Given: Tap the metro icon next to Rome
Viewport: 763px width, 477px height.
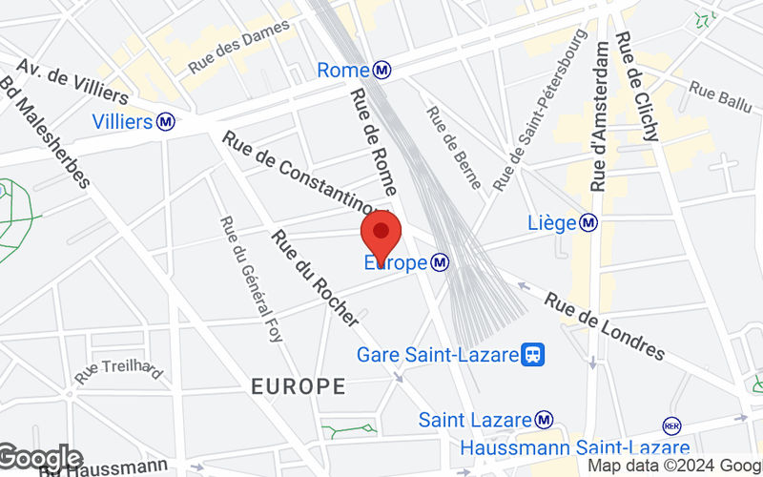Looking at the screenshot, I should [382, 70].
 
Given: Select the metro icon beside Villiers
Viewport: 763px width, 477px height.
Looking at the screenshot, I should [167, 121].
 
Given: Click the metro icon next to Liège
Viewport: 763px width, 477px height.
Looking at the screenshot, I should [590, 222].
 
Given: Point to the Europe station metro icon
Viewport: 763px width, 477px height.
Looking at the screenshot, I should [440, 260].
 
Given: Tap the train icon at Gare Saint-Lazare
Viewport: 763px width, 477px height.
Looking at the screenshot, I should [534, 354].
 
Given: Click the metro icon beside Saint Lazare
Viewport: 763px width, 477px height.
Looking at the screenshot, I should [544, 419].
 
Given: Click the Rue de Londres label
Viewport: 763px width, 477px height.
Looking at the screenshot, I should [605, 326].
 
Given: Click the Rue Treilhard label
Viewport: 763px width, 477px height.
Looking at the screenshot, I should [119, 369].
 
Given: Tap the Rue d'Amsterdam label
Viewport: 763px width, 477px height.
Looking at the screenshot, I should [601, 116].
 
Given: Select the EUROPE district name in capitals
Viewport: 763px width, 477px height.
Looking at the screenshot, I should [298, 386].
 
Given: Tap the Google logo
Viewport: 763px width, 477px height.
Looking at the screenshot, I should [40, 459].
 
